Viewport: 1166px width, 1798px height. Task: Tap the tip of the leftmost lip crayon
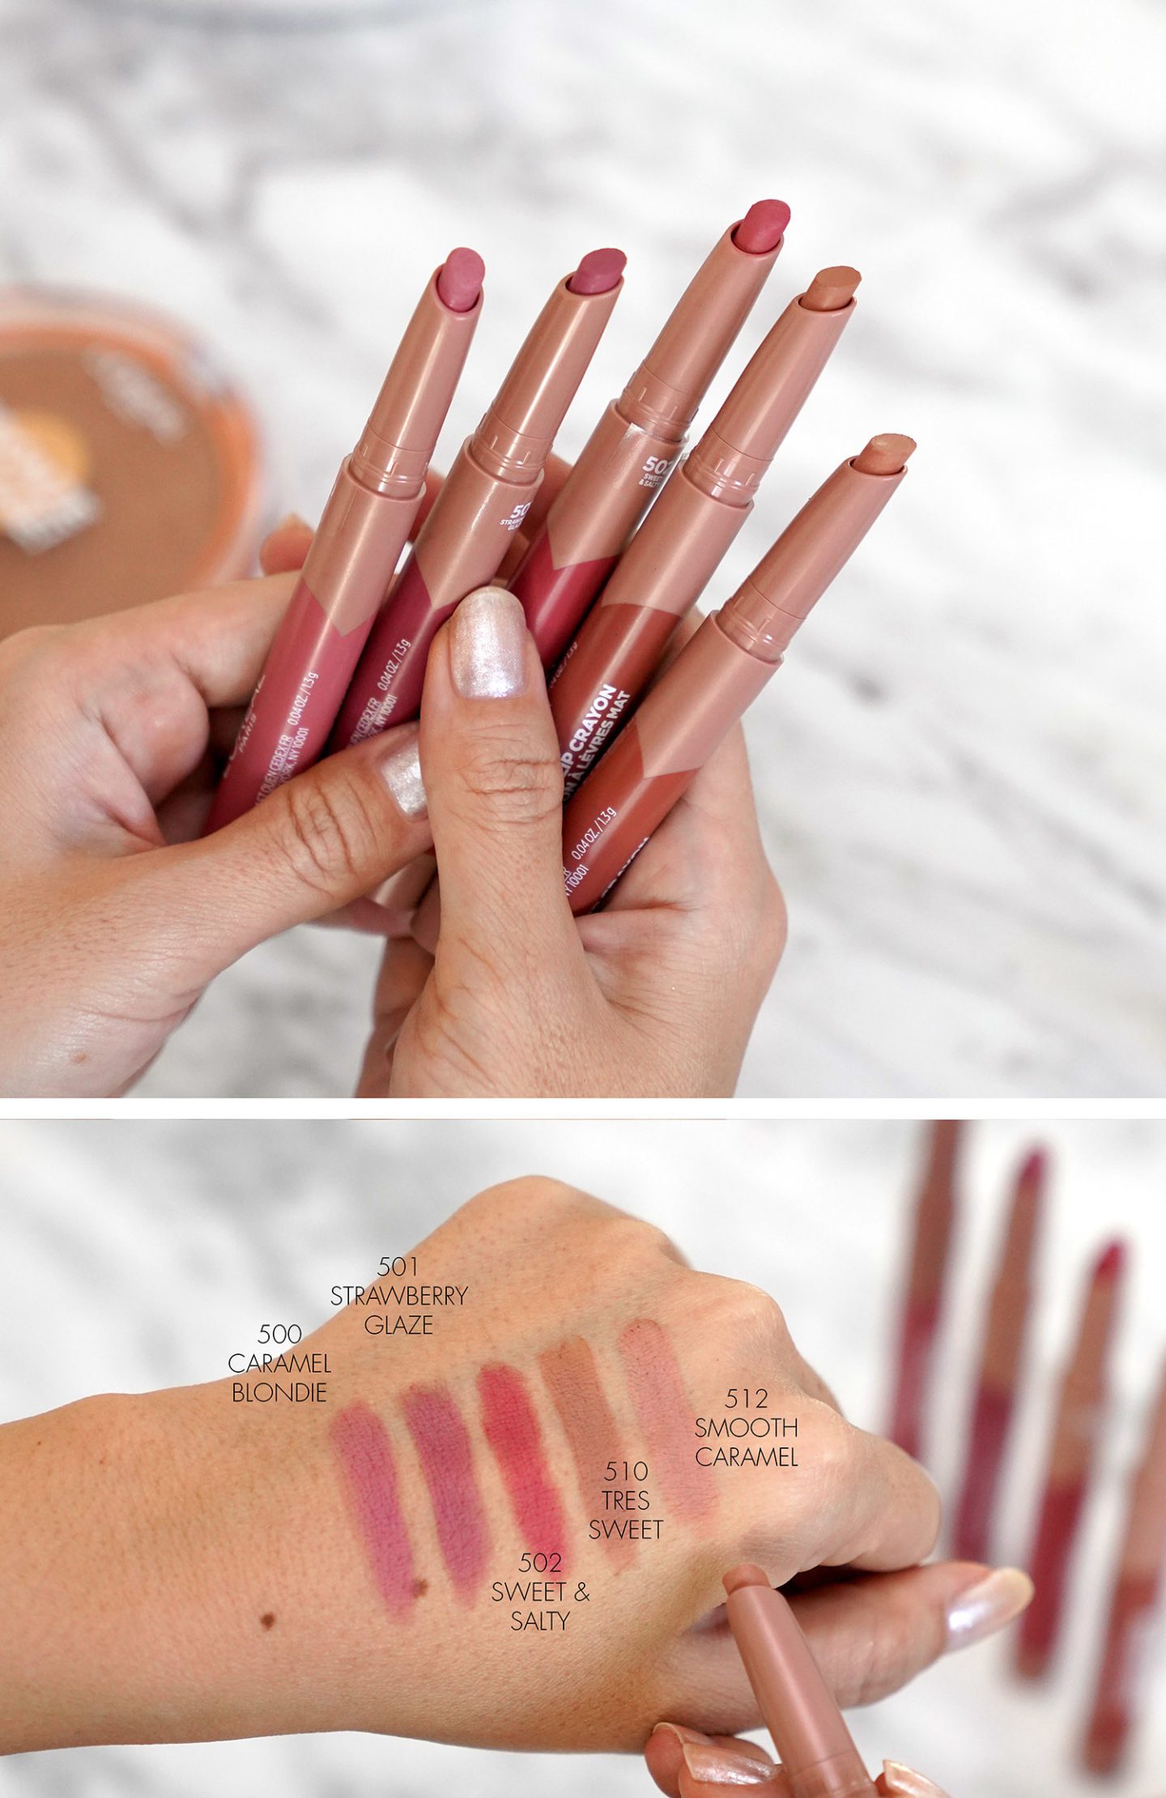click(x=460, y=279)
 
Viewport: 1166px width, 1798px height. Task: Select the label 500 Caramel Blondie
click(x=279, y=1363)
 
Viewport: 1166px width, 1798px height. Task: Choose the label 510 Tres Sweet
click(x=625, y=1501)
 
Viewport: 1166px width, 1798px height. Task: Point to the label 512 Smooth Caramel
click(x=746, y=1428)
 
